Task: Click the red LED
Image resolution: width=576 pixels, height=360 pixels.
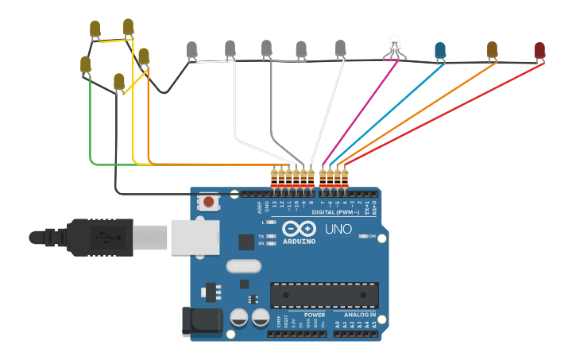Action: (x=539, y=51)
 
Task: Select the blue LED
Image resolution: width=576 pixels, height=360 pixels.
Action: (x=440, y=52)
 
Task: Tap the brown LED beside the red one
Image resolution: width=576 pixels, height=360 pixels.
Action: (x=492, y=50)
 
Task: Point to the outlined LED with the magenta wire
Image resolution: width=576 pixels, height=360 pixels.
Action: (x=395, y=45)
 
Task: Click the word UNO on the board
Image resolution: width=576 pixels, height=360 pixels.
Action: (x=344, y=230)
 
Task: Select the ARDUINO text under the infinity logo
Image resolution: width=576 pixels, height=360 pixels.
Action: (x=298, y=241)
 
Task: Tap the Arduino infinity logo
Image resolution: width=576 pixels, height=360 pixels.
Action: (x=299, y=228)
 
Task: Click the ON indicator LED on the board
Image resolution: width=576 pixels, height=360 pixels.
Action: (x=361, y=237)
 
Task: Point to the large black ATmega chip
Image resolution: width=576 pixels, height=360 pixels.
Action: (x=323, y=294)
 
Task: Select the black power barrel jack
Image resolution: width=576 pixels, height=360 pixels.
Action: (x=201, y=321)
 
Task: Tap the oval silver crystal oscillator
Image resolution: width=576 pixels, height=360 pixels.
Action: (x=244, y=266)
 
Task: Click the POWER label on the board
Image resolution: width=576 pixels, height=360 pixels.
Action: (x=314, y=315)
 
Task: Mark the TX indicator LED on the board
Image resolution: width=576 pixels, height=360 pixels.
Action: (x=272, y=237)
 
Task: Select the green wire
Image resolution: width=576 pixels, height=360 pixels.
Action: (x=90, y=127)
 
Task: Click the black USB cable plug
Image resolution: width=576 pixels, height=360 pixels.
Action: (x=95, y=237)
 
